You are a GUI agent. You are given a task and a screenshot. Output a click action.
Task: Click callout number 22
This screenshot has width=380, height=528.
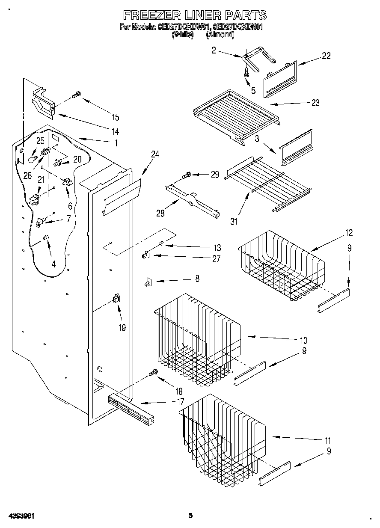pyautogui.click(x=326, y=56)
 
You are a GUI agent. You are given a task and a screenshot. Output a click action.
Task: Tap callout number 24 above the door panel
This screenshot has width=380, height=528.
pyautogui.click(x=155, y=154)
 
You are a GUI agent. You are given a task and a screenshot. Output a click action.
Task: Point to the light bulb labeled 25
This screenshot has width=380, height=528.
pyautogui.click(x=32, y=159)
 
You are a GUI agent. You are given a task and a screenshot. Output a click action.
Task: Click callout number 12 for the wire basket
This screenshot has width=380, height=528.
pyautogui.click(x=349, y=233)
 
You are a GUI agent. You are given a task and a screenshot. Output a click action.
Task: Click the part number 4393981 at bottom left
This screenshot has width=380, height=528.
pyautogui.click(x=21, y=516)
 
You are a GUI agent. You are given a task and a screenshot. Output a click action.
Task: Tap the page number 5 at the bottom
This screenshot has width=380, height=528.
pyautogui.click(x=190, y=516)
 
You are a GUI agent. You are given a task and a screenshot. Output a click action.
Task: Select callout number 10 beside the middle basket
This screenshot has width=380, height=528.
pyautogui.click(x=303, y=341)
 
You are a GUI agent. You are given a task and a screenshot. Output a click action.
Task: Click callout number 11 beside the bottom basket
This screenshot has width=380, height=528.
pyautogui.click(x=328, y=440)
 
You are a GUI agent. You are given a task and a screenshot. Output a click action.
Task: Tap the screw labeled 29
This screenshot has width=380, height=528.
pyautogui.click(x=187, y=175)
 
